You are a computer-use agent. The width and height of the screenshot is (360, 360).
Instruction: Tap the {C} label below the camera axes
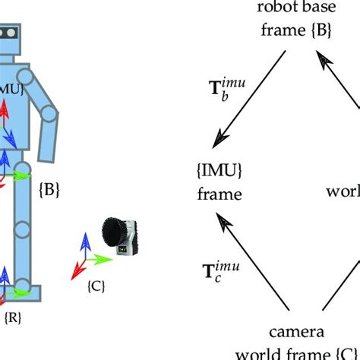click(96, 287)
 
